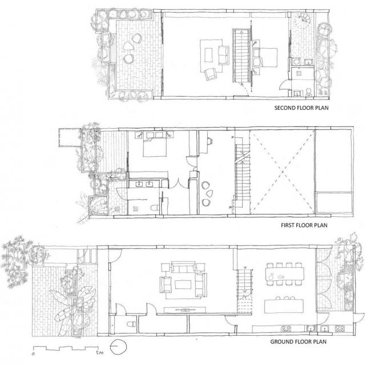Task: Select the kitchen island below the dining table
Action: (x=285, y=301)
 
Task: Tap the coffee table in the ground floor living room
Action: (x=184, y=284)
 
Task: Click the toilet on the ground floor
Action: (x=131, y=324)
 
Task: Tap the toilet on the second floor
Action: (x=308, y=90)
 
